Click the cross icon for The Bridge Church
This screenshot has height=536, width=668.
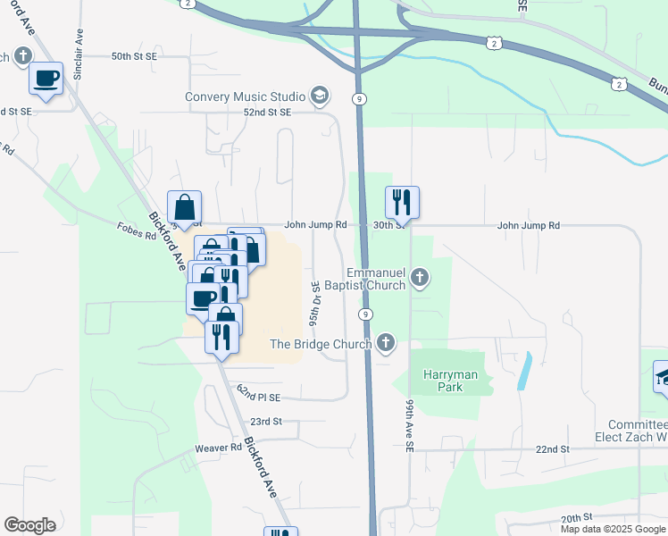pyautogui.click(x=386, y=343)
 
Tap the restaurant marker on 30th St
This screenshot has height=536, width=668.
pyautogui.click(x=402, y=203)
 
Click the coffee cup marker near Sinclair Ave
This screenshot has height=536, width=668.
pyautogui.click(x=46, y=79)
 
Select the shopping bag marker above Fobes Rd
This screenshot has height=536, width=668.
pyautogui.click(x=184, y=207)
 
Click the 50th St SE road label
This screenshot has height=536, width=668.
pyautogui.click(x=134, y=56)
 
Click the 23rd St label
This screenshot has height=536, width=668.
pyautogui.click(x=266, y=421)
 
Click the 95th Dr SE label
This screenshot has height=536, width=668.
pyautogui.click(x=314, y=305)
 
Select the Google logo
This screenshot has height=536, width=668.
pyautogui.click(x=29, y=525)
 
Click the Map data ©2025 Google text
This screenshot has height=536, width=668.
pyautogui.click(x=612, y=529)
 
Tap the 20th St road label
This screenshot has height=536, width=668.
pyautogui.click(x=577, y=517)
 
